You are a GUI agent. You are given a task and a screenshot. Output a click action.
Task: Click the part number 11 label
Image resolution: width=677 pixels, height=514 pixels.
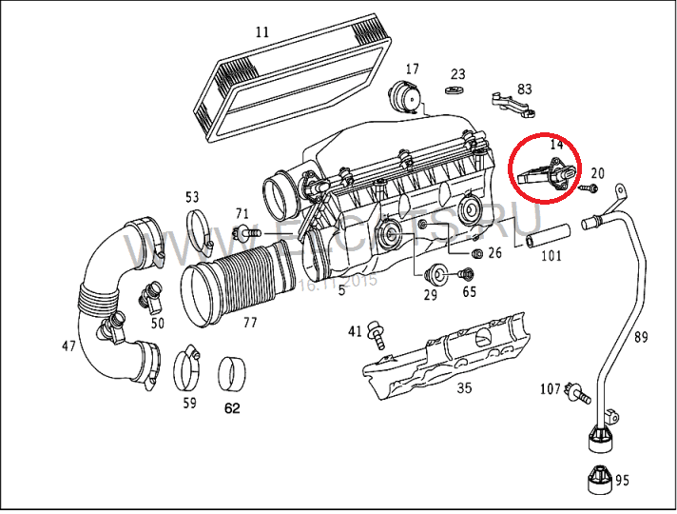point(262,31)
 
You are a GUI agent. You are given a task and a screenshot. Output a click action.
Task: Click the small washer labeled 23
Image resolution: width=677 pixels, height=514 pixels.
point(455,91)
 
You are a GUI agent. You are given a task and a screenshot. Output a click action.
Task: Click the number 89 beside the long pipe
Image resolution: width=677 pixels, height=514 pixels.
point(643,336)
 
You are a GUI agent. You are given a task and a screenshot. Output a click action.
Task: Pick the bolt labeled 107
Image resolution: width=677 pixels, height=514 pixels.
point(574,389)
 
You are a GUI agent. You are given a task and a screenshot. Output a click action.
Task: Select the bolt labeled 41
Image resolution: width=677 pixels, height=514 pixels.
point(377,332)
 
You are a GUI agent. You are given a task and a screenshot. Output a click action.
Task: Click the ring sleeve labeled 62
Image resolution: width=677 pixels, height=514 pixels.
point(232,373)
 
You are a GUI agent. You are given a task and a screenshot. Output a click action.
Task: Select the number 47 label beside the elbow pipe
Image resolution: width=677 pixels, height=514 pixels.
point(68,346)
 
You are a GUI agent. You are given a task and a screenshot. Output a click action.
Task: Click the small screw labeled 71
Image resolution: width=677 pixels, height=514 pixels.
point(249,232)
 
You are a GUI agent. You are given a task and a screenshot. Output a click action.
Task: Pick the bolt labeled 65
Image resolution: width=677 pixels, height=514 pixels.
point(466,275)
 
